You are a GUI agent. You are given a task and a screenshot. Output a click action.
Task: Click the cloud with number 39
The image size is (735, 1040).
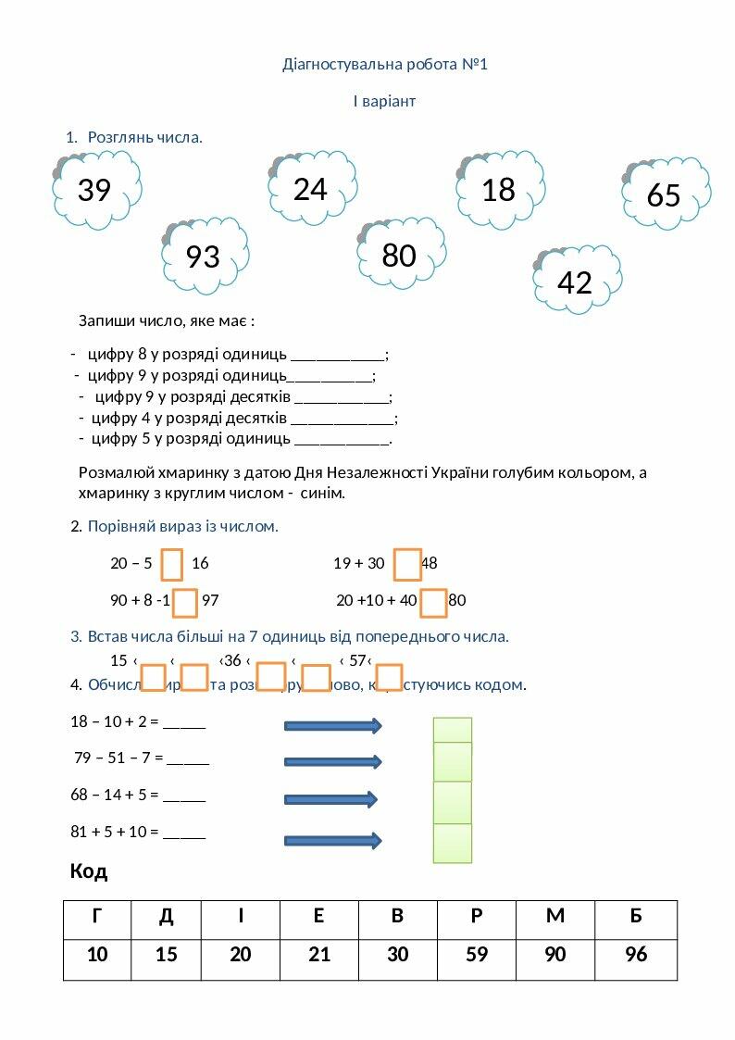[x=97, y=190]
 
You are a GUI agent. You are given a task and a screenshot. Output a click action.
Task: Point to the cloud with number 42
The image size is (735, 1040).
[x=577, y=281]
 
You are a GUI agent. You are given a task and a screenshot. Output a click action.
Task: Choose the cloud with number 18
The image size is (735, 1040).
[x=500, y=189]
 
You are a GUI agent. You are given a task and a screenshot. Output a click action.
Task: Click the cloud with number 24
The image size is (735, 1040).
[x=312, y=189]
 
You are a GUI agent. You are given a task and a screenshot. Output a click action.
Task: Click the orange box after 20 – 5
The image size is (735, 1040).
[x=172, y=564]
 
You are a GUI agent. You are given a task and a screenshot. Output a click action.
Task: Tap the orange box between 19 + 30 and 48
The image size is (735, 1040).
[x=407, y=564]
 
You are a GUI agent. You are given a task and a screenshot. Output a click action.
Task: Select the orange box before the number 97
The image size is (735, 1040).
[x=186, y=602]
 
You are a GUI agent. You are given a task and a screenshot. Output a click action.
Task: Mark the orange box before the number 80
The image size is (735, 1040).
[x=434, y=602]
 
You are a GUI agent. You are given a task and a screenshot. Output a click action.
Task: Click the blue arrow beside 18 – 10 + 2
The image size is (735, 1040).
[x=332, y=725]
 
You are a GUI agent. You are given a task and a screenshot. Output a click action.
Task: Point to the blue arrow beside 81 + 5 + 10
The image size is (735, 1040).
[x=332, y=841]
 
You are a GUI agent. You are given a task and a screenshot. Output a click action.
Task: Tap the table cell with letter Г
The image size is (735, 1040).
[x=97, y=918]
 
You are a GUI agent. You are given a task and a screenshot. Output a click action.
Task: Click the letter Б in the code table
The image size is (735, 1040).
[x=636, y=918]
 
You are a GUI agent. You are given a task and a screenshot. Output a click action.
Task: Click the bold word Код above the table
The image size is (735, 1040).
[x=89, y=871]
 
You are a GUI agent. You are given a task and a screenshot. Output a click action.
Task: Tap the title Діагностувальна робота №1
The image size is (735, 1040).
[x=384, y=65]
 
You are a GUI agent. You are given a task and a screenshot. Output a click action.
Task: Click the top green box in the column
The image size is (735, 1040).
[x=453, y=730]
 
